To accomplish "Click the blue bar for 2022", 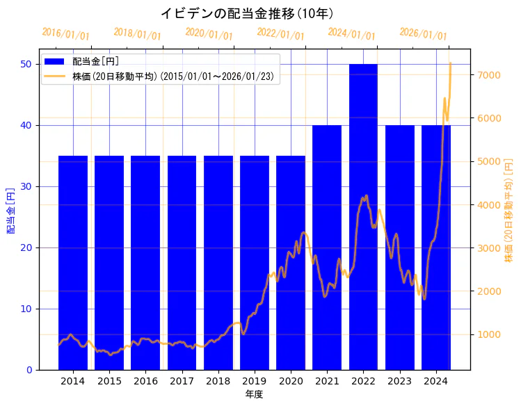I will pos(363,216).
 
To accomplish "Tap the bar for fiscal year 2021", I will pos(327,247).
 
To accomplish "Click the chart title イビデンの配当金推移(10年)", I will pos(247,13).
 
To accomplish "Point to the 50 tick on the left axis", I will pos(27,64).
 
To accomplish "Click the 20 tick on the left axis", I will pos(27,247).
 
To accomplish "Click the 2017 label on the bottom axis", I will pos(182,381).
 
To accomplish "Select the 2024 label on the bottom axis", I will pos(435,381).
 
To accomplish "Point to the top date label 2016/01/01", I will pos(66,34).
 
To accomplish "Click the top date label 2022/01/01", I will pos(280,34).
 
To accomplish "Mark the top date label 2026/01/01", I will pos(424,34).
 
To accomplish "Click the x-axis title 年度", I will pos(254,394).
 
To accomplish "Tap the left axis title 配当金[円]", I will pos(10,210).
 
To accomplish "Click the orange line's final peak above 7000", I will pos(451,63).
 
